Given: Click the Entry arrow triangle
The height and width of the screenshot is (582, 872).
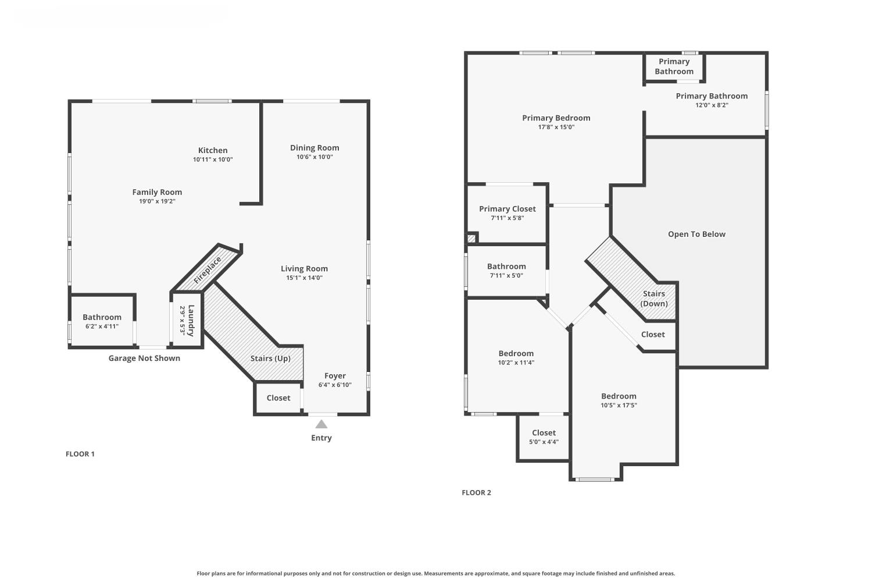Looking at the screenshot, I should coord(321,424).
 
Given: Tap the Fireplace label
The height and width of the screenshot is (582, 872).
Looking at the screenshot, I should coord(208,271).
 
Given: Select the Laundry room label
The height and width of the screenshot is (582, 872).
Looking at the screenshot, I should coord(191,320).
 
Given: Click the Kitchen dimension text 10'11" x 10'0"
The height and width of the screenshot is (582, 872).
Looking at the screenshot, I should coord(213,159).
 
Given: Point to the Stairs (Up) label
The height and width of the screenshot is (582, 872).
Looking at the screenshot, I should coord(270,359).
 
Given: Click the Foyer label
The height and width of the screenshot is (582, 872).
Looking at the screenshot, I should coord(335,376).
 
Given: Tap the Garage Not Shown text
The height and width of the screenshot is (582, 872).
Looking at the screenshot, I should coord(144,359).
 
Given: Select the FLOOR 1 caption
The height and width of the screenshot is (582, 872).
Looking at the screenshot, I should coord(80,454).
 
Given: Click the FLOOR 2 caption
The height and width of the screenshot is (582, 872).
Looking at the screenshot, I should coord(476,492).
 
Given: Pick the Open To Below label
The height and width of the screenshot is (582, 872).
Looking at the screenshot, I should coord(696,235).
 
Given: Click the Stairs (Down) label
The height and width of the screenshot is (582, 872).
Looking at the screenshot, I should coord(654,299).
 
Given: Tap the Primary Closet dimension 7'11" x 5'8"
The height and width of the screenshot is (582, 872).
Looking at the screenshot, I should coord(507,218).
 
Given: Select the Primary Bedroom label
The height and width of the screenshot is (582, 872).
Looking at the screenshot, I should coord(556,118).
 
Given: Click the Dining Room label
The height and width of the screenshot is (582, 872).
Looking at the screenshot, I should coord(315,148).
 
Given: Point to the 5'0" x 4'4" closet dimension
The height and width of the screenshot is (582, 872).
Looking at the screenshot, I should coord(544,442).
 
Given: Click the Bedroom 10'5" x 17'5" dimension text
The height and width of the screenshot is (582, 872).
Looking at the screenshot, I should coord(619,406).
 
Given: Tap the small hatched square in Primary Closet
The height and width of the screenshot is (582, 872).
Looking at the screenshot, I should coord(471,238).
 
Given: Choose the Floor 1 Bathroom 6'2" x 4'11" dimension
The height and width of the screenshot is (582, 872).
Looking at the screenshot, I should coord(102,327).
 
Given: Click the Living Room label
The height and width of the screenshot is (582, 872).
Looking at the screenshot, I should coord(304,269).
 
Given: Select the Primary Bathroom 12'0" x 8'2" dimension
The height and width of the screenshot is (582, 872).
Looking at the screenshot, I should coord(712,105).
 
